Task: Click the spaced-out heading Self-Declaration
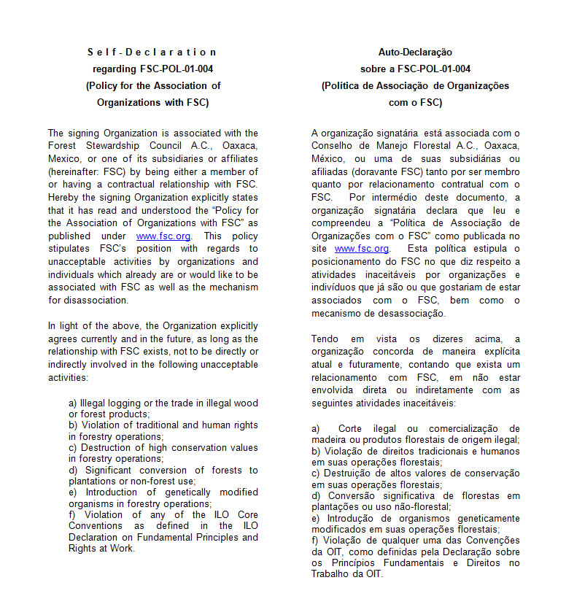[152, 52]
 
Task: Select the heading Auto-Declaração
[415, 52]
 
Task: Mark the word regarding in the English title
[115, 69]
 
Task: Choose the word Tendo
[325, 339]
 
